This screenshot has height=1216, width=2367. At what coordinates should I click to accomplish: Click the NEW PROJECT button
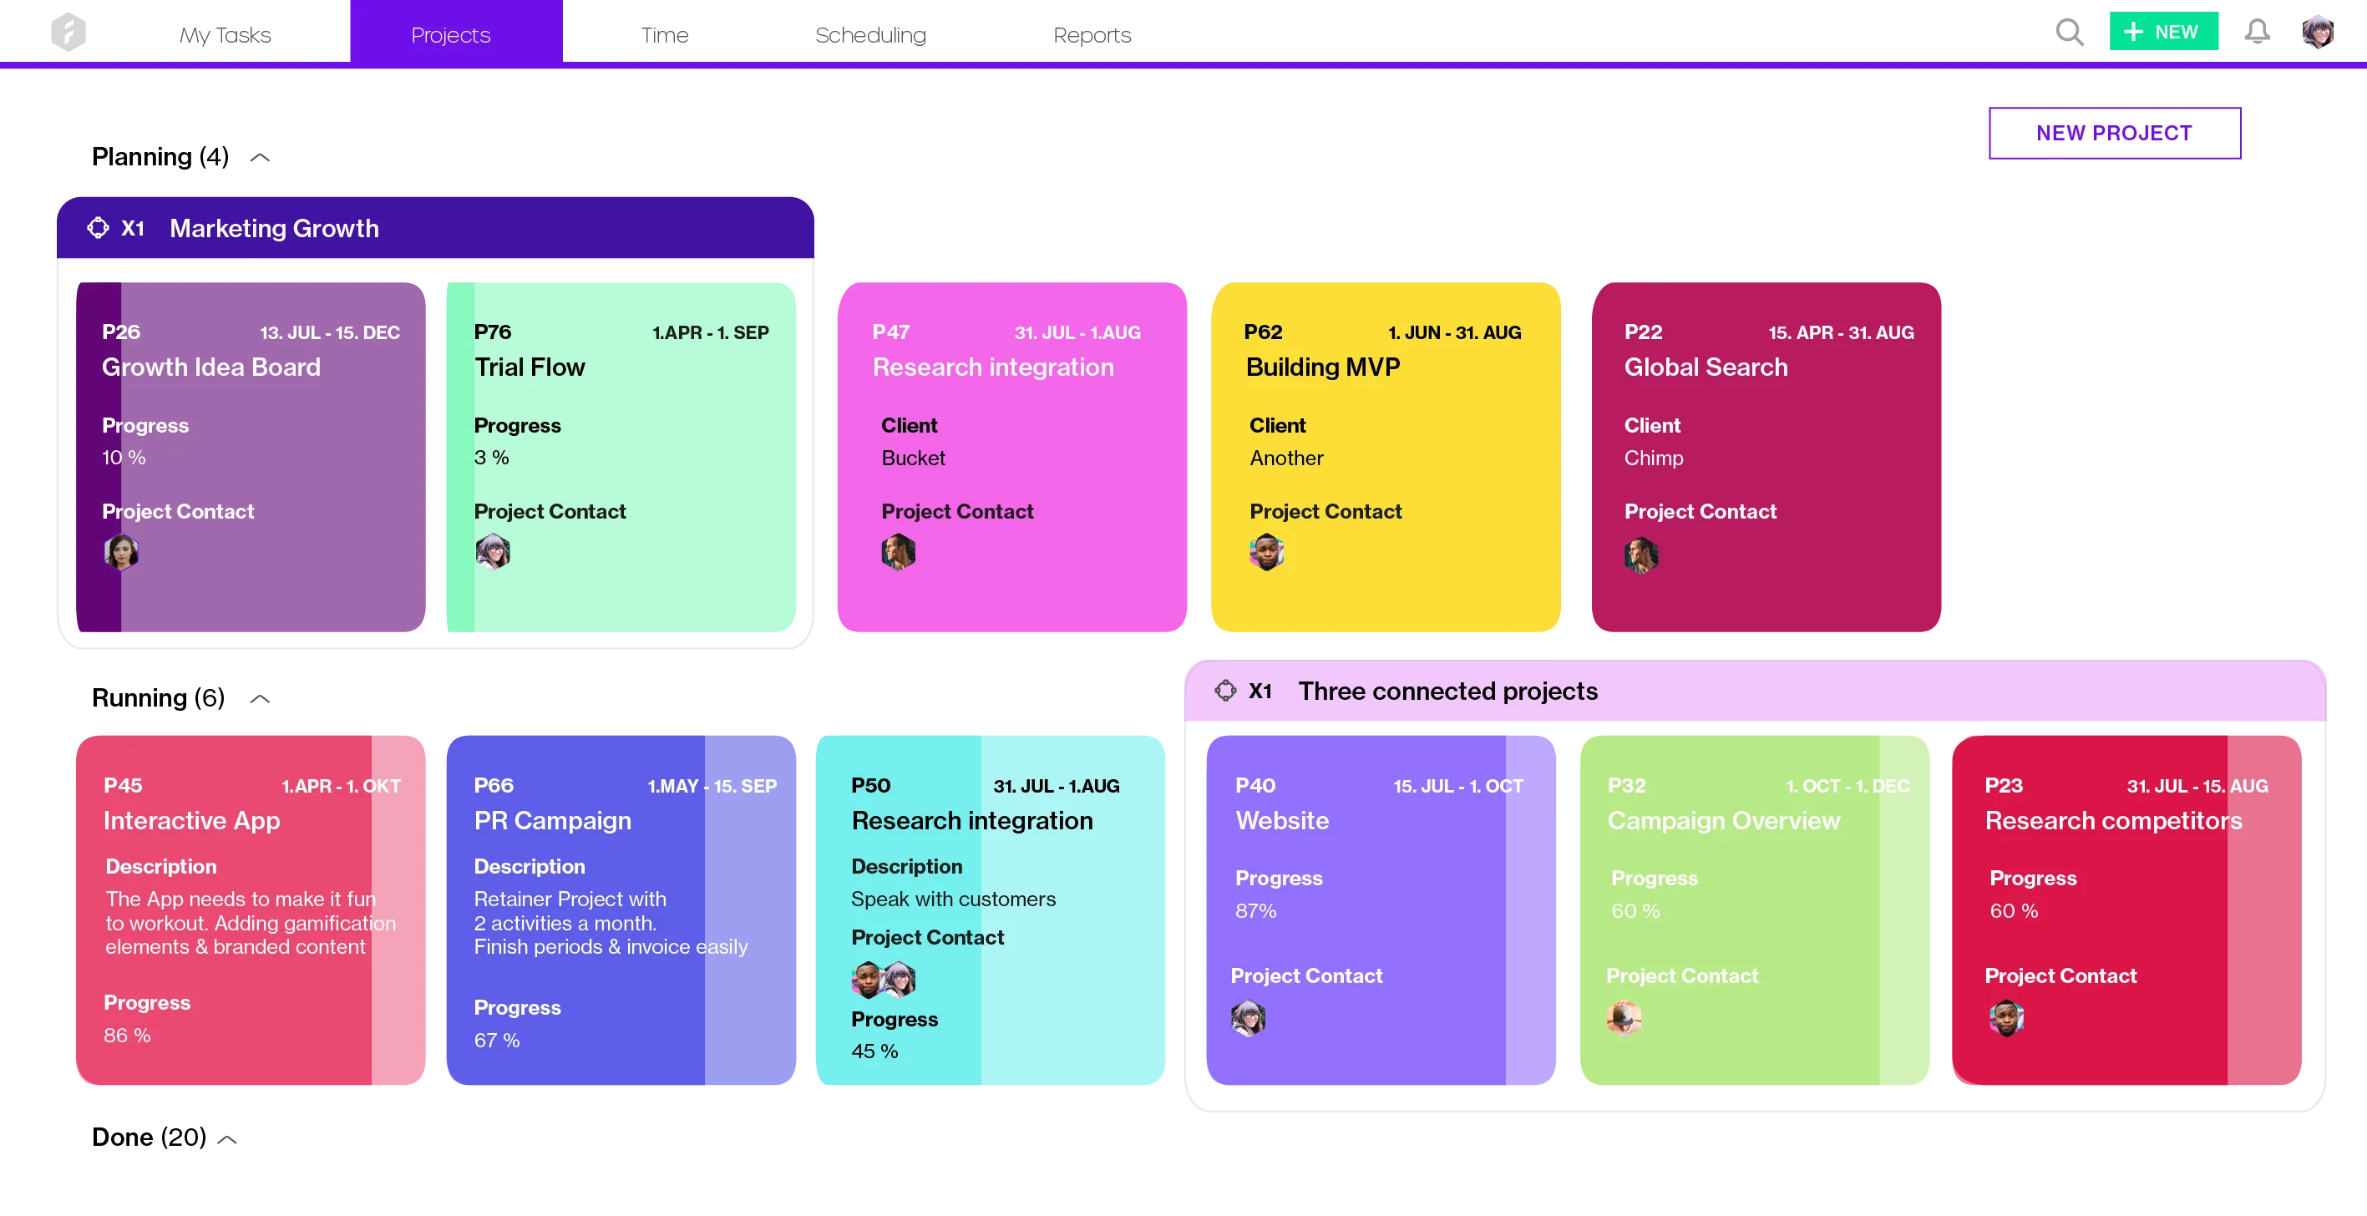(2113, 134)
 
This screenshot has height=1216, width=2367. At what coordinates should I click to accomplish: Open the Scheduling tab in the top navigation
(870, 35)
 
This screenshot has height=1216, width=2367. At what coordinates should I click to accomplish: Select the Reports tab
(1092, 35)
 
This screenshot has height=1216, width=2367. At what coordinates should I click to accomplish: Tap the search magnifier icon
(2070, 33)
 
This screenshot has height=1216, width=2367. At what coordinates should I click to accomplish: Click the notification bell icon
(2257, 33)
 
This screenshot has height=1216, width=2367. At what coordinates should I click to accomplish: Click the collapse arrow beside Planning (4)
(260, 158)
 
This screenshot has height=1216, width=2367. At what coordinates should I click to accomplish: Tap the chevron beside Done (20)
(227, 1140)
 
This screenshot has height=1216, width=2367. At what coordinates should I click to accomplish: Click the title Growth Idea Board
(211, 367)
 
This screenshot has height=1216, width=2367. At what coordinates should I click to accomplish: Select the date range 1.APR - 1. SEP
(710, 332)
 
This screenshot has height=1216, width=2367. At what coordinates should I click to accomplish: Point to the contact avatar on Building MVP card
(1266, 552)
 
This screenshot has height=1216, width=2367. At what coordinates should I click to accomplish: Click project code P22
(1643, 332)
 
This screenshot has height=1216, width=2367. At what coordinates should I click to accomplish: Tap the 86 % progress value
(127, 1035)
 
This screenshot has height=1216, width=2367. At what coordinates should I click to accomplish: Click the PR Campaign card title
(552, 820)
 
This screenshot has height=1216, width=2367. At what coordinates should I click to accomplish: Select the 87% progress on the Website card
(1255, 911)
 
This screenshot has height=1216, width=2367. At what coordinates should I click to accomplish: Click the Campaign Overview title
(1723, 820)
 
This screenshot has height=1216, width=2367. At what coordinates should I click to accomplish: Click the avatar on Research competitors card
(2006, 1017)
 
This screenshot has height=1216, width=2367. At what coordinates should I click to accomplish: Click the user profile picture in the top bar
(2318, 33)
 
